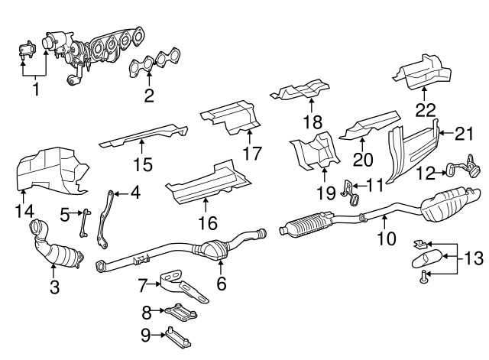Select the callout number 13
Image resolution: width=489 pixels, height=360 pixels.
[474, 259]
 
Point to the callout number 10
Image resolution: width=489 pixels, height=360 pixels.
[387, 238]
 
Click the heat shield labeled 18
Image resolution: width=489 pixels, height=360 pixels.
[302, 92]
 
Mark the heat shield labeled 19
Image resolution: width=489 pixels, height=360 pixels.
[314, 152]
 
